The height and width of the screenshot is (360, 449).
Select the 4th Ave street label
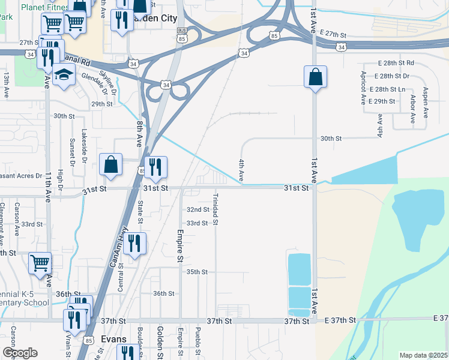click(241, 170)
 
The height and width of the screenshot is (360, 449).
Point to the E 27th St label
click(334, 33)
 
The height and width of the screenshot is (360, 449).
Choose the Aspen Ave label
click(425, 102)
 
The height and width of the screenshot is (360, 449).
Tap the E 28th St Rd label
click(394, 62)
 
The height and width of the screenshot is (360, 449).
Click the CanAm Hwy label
click(116, 244)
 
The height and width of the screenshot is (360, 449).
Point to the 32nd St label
click(197, 210)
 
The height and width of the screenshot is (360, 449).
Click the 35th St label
click(196, 272)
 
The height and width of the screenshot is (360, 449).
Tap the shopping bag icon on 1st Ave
click(315, 77)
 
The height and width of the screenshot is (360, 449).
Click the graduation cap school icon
click(62, 76)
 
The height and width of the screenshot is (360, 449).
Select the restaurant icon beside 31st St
click(155, 167)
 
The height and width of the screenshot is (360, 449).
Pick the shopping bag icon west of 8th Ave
click(111, 165)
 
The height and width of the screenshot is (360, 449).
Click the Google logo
click(20, 353)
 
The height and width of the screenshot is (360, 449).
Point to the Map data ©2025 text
click(423, 355)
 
